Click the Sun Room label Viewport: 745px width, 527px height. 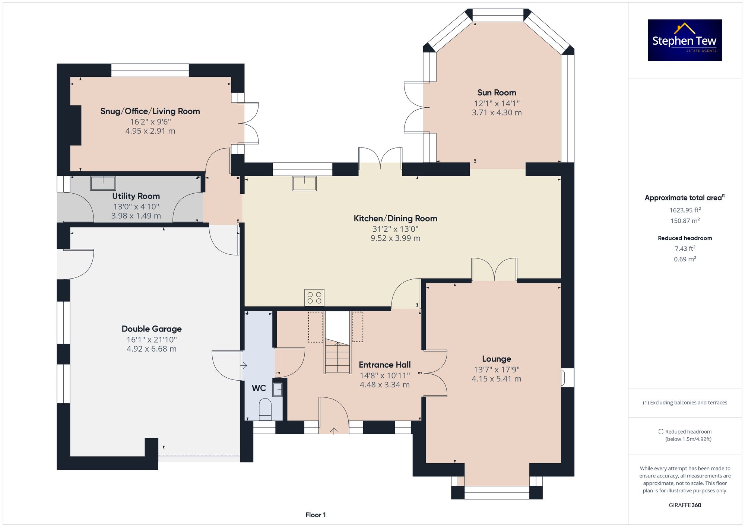tap(497, 92)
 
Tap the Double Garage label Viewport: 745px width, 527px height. tap(152, 329)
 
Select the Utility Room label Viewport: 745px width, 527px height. tap(136, 196)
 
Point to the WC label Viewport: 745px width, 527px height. tap(259, 388)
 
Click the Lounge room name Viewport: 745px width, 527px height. tap(497, 359)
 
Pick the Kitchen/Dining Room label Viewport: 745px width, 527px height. tap(395, 219)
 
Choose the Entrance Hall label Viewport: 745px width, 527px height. tap(385, 365)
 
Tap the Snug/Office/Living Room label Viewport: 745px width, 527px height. tap(150, 111)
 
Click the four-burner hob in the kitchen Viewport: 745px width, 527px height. tap(314, 298)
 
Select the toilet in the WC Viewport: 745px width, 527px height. tap(265, 409)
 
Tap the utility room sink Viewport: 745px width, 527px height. tap(103, 183)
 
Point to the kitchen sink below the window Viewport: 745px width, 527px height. tap(304, 183)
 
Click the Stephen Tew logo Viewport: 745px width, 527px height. tap(685, 40)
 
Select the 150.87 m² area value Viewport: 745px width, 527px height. tap(685, 220)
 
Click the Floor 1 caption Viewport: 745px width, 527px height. tap(316, 515)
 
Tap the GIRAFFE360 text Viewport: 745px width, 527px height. tap(685, 505)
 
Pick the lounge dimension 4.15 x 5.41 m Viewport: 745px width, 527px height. tap(497, 379)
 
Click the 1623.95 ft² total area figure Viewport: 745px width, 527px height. tap(685, 210)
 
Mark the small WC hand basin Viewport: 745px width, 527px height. tap(278, 390)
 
